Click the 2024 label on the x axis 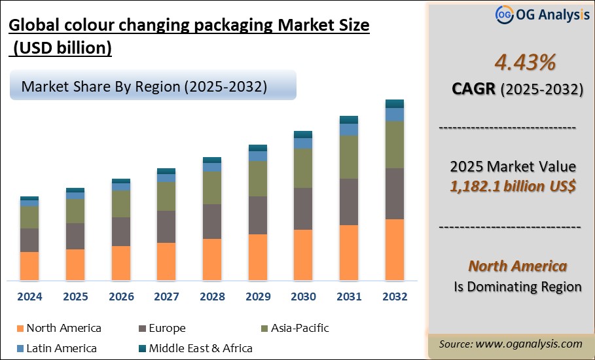click(29, 297)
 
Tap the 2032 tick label click(394, 297)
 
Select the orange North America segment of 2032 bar click(394, 249)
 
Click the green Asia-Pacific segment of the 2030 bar click(303, 168)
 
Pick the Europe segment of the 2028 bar click(212, 221)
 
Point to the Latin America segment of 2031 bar click(349, 130)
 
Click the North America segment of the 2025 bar click(75, 264)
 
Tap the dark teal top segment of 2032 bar click(394, 103)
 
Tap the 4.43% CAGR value click(515, 63)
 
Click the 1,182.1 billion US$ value click(513, 187)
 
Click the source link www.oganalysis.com click(529, 344)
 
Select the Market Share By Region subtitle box click(153, 87)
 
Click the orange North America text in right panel click(517, 266)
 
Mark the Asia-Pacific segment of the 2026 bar click(121, 204)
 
